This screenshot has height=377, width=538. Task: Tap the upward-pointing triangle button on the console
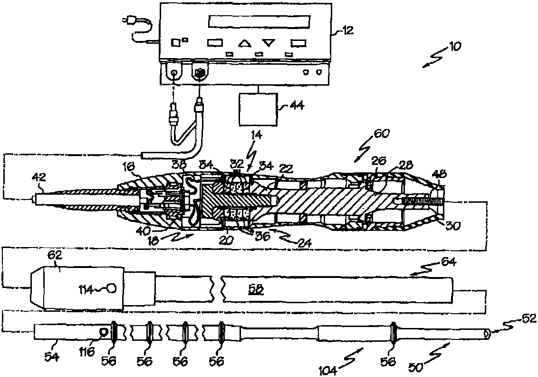245,44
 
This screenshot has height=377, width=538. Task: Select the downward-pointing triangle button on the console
269,44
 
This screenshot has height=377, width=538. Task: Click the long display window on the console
259,22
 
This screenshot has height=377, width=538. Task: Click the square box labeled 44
257,109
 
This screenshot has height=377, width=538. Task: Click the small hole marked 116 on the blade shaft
102,331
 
